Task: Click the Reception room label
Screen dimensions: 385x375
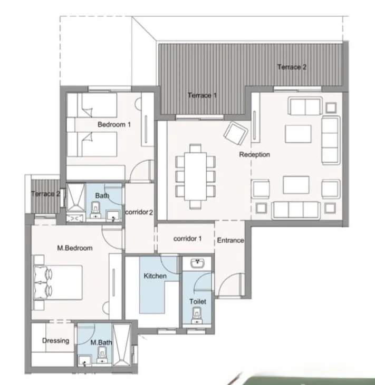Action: pos(254,155)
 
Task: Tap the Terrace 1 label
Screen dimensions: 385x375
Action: pos(202,95)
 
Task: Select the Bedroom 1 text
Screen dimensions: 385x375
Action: pos(114,125)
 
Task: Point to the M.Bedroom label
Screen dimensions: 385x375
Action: pos(75,248)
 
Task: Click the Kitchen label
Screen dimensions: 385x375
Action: pos(155,276)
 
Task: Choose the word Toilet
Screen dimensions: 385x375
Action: pos(198,302)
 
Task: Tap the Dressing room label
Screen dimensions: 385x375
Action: pos(55,341)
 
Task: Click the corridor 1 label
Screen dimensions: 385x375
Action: pos(187,239)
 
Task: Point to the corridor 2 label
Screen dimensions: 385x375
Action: pos(139,212)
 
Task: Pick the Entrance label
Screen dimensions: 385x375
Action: pos(230,241)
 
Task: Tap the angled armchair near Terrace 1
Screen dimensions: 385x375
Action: pos(236,133)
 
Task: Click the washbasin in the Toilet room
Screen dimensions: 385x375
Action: pos(198,263)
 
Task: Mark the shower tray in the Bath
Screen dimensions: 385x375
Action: pos(75,197)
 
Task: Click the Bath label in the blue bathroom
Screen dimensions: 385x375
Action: pos(102,195)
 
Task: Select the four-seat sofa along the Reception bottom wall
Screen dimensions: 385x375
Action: pos(296,209)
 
